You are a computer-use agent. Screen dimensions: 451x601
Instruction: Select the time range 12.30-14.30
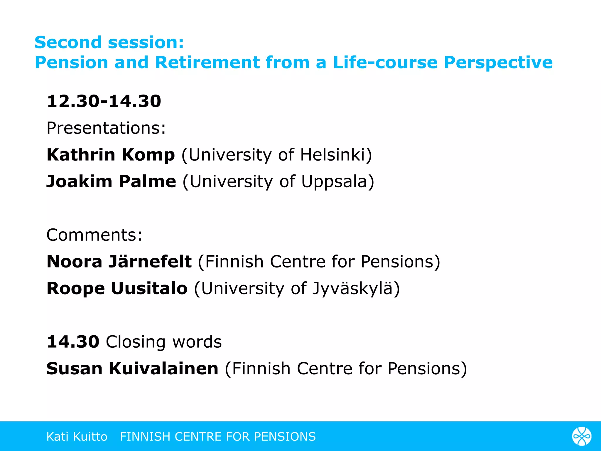coord(104,101)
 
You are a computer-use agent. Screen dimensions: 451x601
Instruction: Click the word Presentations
coord(106,128)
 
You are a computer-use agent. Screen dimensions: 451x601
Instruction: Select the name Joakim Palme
coord(111,181)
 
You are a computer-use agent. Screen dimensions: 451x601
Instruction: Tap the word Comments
coord(94,235)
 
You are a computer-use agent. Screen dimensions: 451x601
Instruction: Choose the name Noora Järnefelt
coord(119,262)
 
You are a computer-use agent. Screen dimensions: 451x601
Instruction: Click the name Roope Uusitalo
coord(117,288)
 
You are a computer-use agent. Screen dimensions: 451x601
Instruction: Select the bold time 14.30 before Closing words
coord(73,342)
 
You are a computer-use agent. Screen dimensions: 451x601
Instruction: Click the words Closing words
coord(164,342)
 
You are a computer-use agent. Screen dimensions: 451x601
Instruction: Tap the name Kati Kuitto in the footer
coord(77,437)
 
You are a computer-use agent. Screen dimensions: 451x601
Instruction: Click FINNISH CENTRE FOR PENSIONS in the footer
coord(218,437)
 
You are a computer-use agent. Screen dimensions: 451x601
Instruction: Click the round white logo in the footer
coord(582,436)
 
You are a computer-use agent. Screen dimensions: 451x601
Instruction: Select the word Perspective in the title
coord(498,63)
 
